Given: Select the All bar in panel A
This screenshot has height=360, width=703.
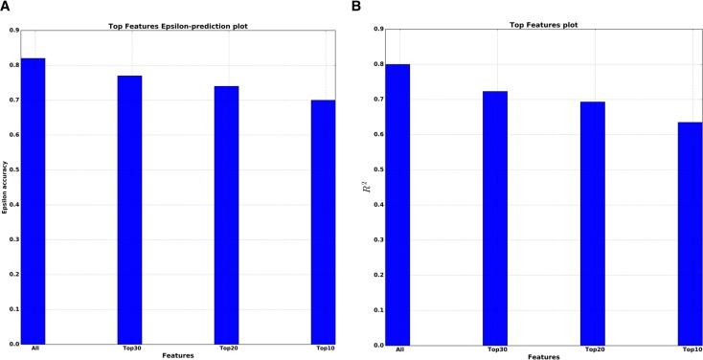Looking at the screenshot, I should point(34,201).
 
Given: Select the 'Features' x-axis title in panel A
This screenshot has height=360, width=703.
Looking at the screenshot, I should point(178,355).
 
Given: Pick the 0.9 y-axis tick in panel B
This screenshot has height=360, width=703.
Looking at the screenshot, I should point(380,30).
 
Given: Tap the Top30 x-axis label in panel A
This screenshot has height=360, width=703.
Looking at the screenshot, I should point(129,349).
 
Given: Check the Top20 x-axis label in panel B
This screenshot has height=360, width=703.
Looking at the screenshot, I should point(593,349).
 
